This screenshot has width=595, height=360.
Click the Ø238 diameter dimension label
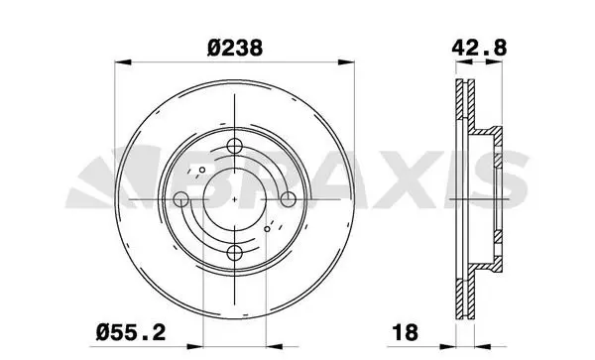pyautogui.click(x=235, y=49)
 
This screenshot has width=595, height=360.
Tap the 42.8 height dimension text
pyautogui.click(x=479, y=49)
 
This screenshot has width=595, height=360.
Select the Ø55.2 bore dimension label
pyautogui.click(x=131, y=332)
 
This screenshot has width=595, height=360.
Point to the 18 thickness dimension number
pyautogui.click(x=405, y=332)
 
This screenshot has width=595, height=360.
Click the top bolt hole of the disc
pyautogui.click(x=234, y=146)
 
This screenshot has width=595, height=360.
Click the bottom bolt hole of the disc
pyautogui.click(x=234, y=253)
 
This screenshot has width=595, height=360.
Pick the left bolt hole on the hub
pyautogui.click(x=181, y=199)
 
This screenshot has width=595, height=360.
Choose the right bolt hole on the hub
pyautogui.click(x=288, y=199)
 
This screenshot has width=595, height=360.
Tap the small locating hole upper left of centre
pyautogui.click(x=202, y=170)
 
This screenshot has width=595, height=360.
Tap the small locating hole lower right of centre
pyautogui.click(x=267, y=229)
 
